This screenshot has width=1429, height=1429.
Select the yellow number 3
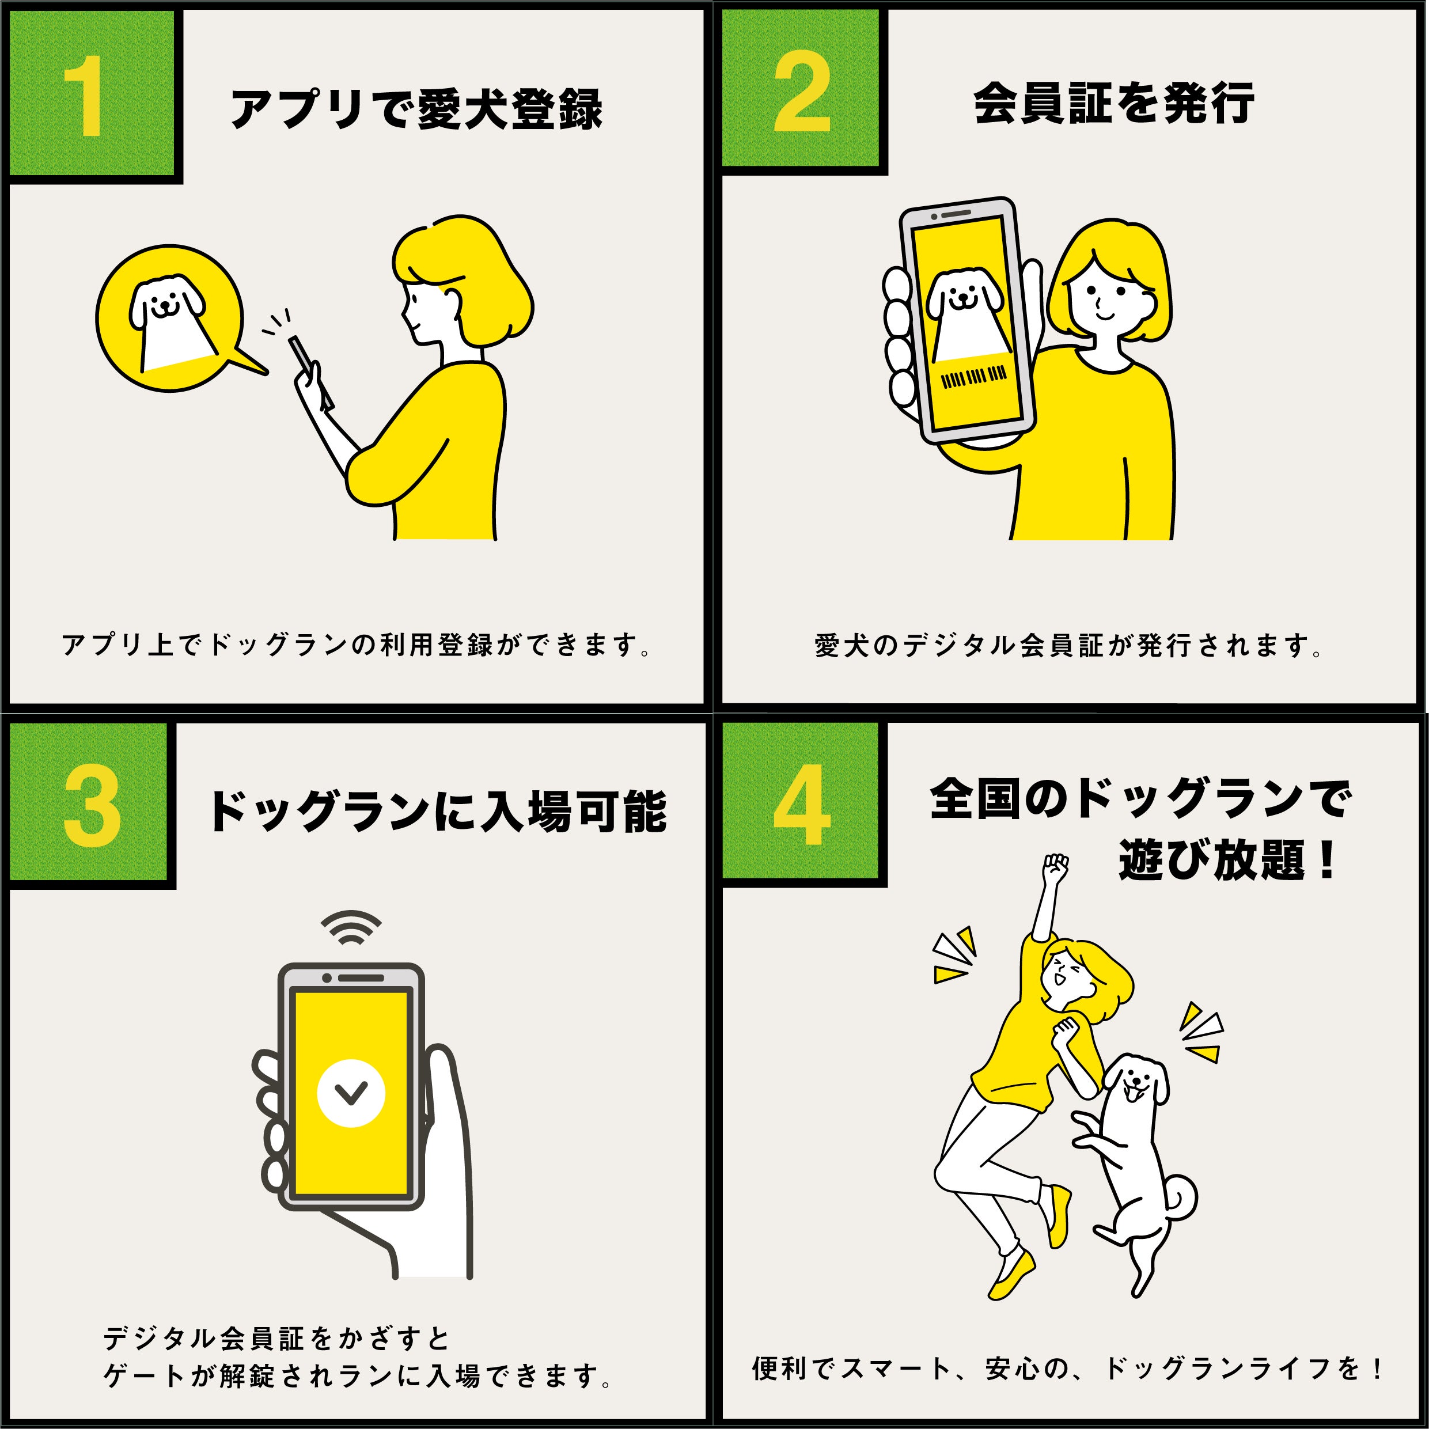tap(92, 806)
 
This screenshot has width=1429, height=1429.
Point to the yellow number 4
tap(802, 804)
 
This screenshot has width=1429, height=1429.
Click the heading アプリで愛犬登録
tap(416, 109)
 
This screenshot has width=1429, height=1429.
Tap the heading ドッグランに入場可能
tap(438, 812)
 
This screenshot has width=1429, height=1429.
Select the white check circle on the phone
tap(351, 1093)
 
